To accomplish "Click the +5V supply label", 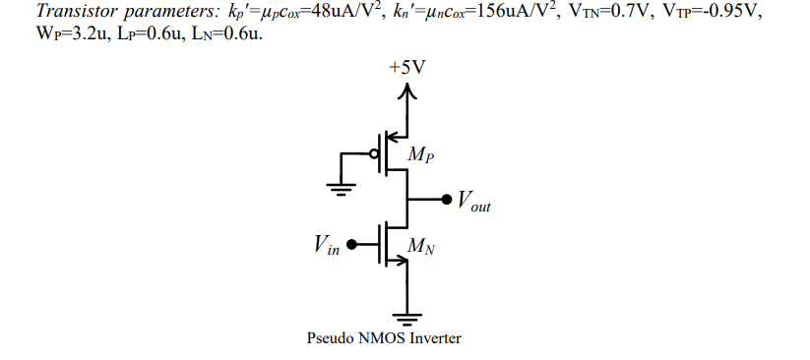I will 408,68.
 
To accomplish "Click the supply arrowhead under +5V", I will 408,91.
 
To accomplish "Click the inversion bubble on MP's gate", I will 375,154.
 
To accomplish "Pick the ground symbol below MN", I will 408,317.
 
